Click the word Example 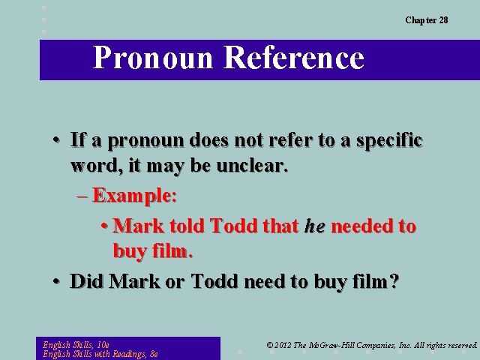tap(133, 196)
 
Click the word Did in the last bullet tap(87, 282)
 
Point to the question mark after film tap(394, 282)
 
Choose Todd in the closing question tap(218, 282)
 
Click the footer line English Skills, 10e tap(77, 343)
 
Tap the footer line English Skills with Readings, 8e tap(100, 354)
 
